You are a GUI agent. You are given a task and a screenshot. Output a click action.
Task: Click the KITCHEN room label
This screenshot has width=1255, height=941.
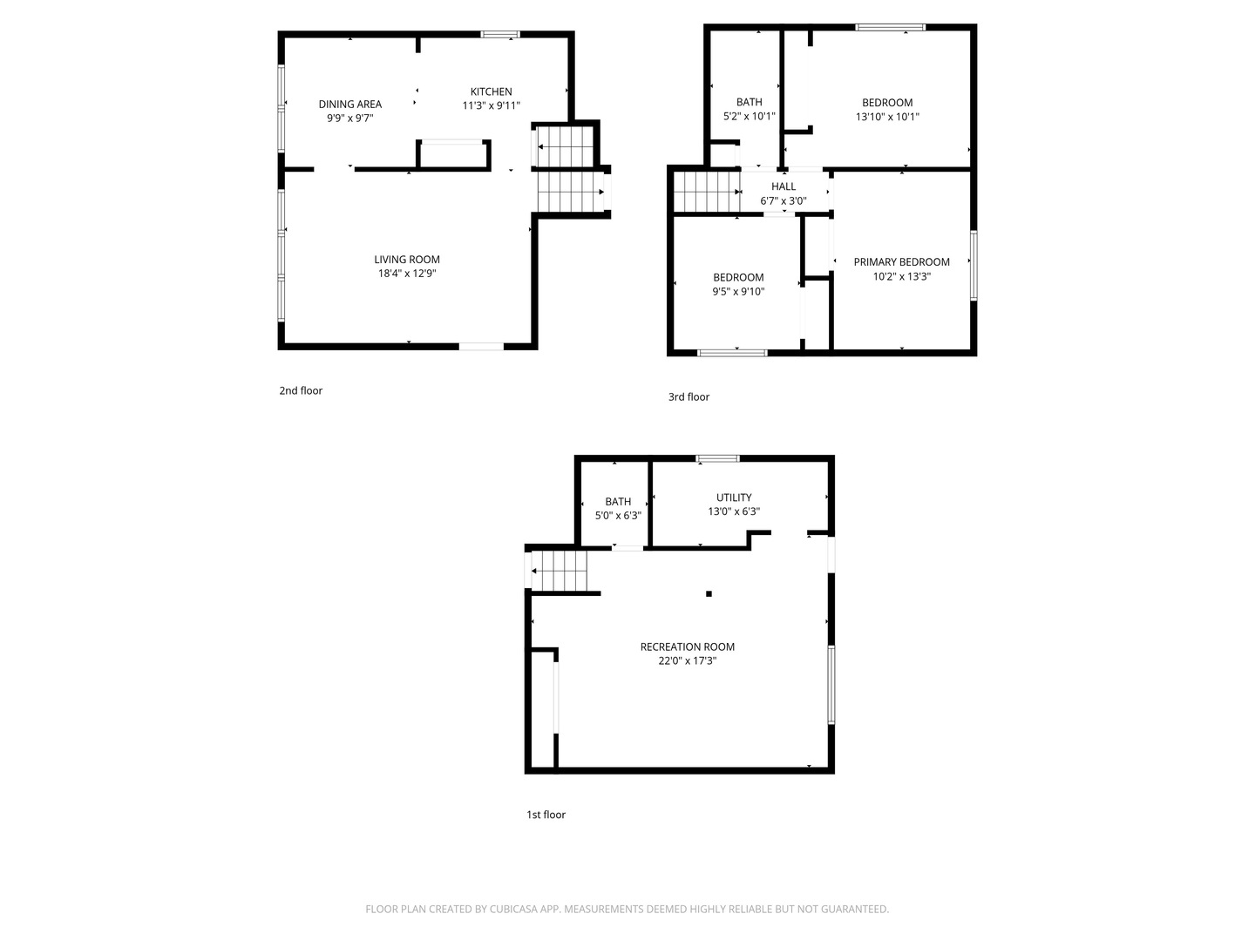pos(491,91)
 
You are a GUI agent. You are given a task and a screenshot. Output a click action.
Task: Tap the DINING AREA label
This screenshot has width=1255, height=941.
pos(349,104)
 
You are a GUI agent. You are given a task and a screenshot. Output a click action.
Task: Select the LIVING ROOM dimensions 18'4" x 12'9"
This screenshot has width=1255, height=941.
pos(407,273)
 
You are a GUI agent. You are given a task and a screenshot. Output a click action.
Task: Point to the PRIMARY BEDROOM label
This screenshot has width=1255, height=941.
pos(901,262)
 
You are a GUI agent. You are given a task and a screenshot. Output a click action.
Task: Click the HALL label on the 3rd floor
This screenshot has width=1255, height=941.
pos(784,186)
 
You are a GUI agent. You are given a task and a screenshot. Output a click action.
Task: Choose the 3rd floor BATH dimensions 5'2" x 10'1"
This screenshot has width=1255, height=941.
pos(749,117)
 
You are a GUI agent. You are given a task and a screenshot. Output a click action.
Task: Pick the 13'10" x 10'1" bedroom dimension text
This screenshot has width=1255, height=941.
pos(887,117)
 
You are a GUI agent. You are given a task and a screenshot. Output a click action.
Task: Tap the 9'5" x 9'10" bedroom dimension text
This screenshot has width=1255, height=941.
pos(738,291)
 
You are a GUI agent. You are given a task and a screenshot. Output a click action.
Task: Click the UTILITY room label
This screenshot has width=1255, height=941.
pos(734,498)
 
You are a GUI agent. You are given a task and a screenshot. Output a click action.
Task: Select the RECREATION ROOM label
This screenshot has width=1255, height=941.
pos(688,647)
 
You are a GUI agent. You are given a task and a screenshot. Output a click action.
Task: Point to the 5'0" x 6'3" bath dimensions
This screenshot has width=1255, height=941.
pos(618,515)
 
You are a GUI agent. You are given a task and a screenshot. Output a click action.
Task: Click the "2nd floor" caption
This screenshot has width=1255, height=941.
pos(301,391)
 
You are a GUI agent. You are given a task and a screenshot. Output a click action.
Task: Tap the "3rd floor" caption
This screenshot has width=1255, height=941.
pos(689,397)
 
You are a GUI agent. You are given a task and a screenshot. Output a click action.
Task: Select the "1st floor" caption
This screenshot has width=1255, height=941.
pos(546,815)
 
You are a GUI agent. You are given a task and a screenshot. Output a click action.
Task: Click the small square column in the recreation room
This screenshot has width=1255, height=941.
pos(709,593)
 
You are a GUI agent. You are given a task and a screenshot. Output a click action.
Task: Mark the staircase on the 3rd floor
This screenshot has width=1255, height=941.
pos(708,192)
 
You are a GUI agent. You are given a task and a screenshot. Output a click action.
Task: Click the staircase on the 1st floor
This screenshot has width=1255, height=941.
pos(560,571)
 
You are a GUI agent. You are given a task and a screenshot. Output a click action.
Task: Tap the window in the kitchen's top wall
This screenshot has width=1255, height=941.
pos(500,34)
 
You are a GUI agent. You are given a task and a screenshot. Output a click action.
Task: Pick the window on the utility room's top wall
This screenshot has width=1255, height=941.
pos(718,458)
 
